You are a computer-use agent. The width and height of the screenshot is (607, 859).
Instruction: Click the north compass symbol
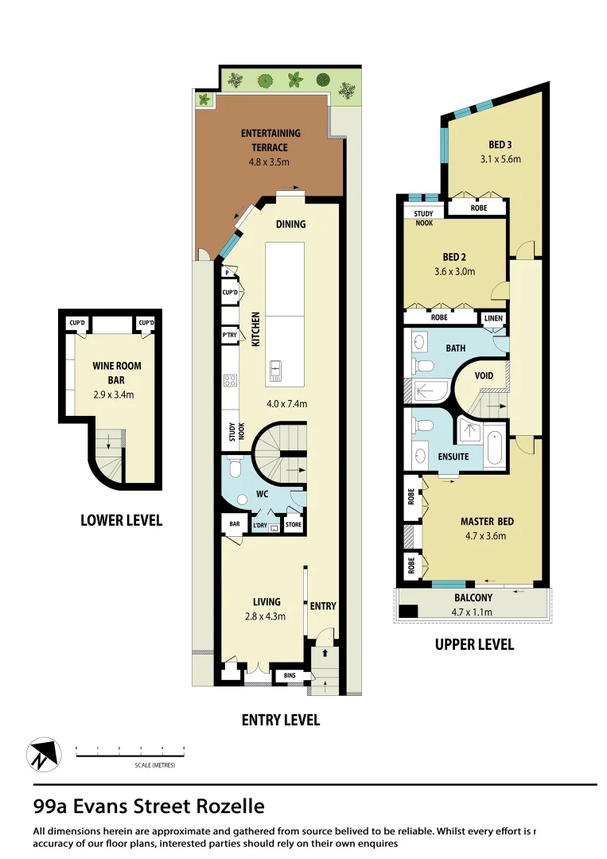[x=44, y=754]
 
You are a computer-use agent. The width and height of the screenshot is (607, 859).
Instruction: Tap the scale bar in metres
[x=130, y=752]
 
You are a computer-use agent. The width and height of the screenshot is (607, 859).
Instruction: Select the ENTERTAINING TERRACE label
[x=270, y=140]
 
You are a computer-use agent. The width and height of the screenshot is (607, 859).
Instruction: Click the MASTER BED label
[x=487, y=522]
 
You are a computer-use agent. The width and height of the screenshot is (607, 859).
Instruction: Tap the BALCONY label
[x=473, y=598]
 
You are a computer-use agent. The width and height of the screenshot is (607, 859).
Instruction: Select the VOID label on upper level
[x=484, y=375]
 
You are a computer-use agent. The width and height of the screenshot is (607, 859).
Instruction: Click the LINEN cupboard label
[x=493, y=317]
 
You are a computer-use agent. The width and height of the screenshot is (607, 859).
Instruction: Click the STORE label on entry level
[x=294, y=524]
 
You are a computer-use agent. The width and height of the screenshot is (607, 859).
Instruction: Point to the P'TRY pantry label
[x=229, y=336]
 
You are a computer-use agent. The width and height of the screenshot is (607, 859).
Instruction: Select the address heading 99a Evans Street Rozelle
[x=149, y=807]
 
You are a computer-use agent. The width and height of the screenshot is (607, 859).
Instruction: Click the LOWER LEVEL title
[x=121, y=520]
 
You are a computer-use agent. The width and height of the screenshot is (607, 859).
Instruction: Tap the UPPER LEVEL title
[x=473, y=644]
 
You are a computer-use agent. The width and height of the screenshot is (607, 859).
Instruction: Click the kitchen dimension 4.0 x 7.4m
[x=287, y=404]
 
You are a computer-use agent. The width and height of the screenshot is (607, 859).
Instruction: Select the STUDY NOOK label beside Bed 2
[x=423, y=218]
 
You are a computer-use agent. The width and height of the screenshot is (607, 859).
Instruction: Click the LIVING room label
[x=267, y=602]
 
